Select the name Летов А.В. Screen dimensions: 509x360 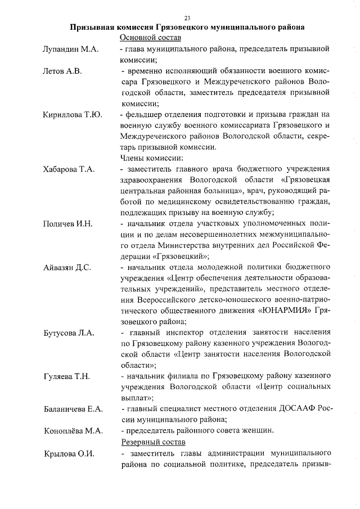(x=62, y=71)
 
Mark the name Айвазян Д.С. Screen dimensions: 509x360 (x=67, y=268)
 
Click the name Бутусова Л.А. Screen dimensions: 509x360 (x=69, y=333)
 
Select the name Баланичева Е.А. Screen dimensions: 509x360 (x=73, y=409)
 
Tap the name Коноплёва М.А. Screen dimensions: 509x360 (x=72, y=431)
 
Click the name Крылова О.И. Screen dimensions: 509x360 (x=68, y=453)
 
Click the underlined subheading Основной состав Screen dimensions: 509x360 (x=150, y=38)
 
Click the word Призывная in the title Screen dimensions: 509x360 (x=93, y=26)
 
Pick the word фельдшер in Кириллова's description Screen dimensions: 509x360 (x=144, y=115)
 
